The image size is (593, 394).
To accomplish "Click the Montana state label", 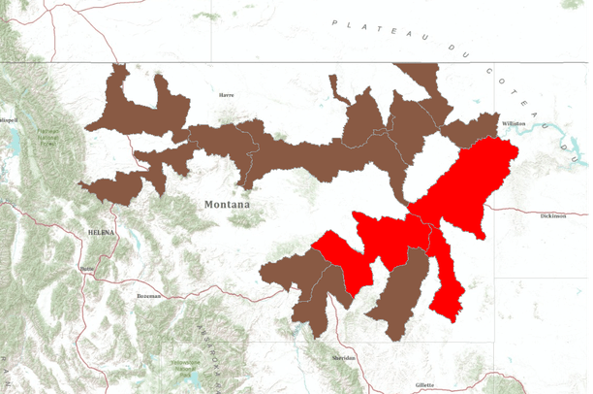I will (x=227, y=205).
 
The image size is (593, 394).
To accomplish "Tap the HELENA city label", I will (x=101, y=233).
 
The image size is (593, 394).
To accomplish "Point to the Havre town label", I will (x=227, y=95).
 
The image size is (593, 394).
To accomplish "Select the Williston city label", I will (x=513, y=124).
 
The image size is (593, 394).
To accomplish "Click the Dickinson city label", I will (x=553, y=215).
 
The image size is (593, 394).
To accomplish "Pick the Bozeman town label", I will (x=148, y=295).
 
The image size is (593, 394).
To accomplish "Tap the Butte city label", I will (x=88, y=268).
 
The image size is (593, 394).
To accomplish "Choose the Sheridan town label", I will (x=343, y=358).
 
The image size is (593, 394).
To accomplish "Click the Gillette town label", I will (x=424, y=385).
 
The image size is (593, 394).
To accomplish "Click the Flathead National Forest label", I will (x=47, y=134).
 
